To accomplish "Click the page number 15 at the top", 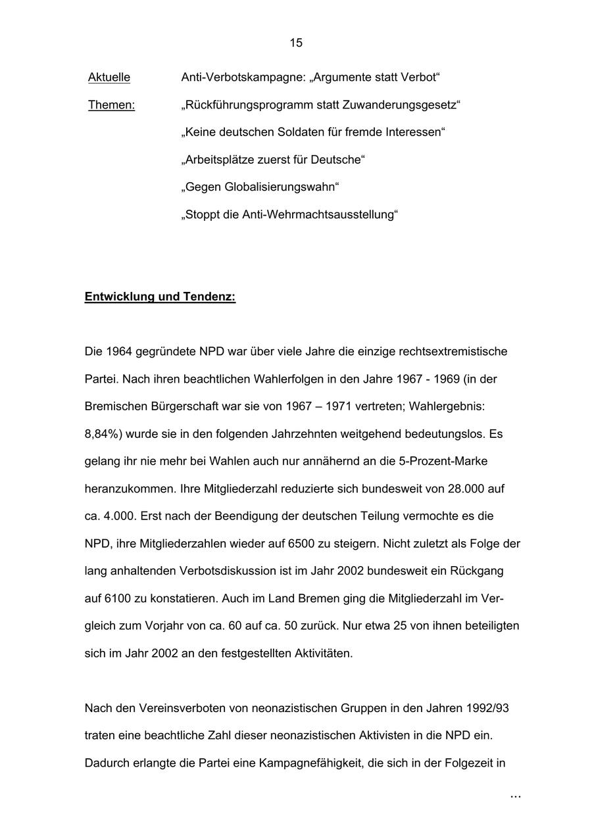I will point(296,43).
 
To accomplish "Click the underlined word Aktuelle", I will point(109,78).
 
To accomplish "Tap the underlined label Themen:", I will point(112,105).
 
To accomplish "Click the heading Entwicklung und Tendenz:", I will point(160,297).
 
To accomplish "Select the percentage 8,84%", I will point(109,434).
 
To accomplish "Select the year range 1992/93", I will point(487,709).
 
